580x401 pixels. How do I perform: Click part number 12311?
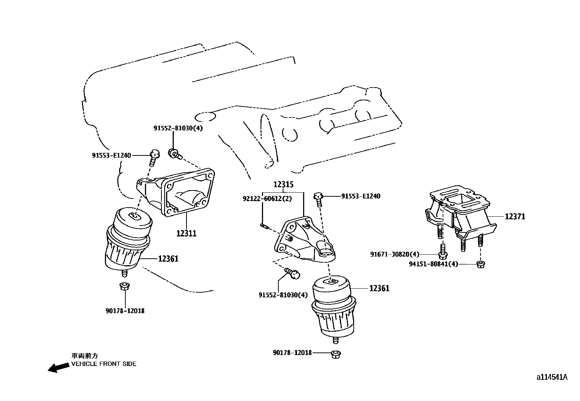click(x=186, y=234)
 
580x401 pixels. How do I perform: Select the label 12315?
click(x=283, y=185)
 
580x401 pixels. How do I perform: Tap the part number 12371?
click(x=515, y=217)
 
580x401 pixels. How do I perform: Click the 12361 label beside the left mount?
click(x=168, y=259)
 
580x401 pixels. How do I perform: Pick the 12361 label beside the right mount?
click(x=379, y=288)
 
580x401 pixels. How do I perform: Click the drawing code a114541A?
click(x=552, y=377)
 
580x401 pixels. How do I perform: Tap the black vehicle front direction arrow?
click(x=58, y=368)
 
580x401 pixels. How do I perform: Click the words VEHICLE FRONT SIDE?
click(x=104, y=364)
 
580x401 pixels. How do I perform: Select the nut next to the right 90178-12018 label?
click(x=336, y=354)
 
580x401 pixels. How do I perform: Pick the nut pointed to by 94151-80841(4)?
click(x=481, y=263)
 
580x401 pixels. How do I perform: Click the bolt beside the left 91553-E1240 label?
click(x=154, y=155)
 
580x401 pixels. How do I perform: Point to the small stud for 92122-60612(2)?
click(x=264, y=227)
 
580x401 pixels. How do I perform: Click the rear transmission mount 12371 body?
click(x=461, y=212)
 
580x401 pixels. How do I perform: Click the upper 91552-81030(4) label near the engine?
click(x=178, y=128)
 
